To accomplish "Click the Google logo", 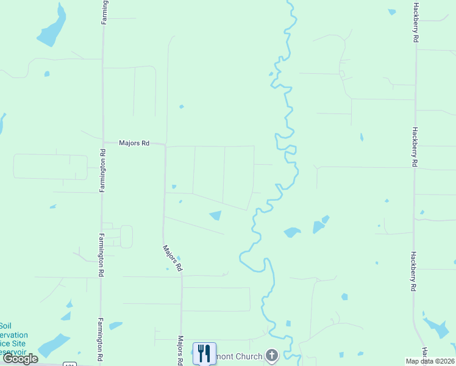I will [x=21, y=359].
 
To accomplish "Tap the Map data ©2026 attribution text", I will [x=430, y=361].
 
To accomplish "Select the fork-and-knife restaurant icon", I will [x=204, y=353].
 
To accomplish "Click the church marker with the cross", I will [x=272, y=356].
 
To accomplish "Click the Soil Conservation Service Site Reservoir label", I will [x=11, y=339].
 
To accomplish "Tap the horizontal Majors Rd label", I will [x=134, y=143].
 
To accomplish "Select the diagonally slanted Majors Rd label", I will [x=172, y=258].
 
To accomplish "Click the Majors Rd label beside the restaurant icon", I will [x=181, y=350].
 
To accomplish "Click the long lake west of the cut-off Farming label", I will [x=51, y=27].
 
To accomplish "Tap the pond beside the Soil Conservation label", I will [x=54, y=345].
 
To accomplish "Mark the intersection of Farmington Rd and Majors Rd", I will [x=103, y=143].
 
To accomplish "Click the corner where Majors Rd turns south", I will [x=165, y=146].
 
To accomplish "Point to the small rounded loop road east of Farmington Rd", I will [x=126, y=237].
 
